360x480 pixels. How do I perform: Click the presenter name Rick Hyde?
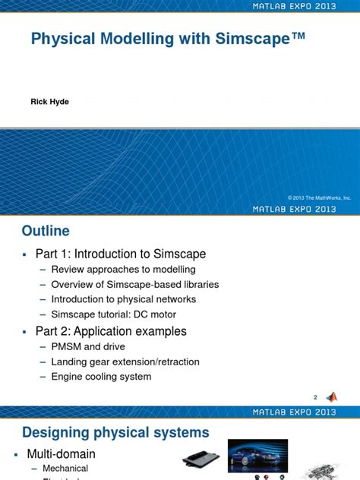click(x=50, y=102)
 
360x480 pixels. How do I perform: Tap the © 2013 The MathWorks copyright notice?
click(x=319, y=197)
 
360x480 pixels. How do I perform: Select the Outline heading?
click(x=46, y=231)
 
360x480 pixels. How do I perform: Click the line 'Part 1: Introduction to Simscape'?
click(x=121, y=254)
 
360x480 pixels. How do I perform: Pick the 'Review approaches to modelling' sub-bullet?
click(x=123, y=270)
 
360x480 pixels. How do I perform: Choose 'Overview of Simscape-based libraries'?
click(x=134, y=285)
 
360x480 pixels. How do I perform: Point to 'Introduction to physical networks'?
click(x=123, y=299)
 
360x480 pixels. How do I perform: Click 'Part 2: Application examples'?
click(x=111, y=331)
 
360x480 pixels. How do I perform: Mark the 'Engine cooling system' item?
click(x=101, y=377)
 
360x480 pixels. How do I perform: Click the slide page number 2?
click(x=315, y=397)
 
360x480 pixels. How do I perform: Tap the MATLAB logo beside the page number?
click(x=331, y=396)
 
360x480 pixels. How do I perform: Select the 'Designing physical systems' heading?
click(x=115, y=433)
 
